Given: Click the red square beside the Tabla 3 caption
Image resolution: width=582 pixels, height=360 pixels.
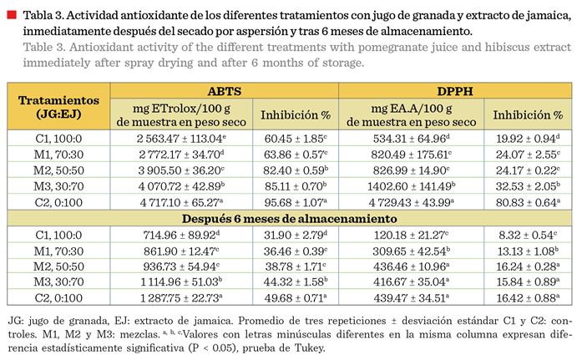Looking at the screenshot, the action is [12, 15].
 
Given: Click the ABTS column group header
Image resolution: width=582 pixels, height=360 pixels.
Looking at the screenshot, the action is [224, 91].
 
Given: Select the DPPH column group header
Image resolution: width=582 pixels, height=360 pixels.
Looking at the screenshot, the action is [455, 91].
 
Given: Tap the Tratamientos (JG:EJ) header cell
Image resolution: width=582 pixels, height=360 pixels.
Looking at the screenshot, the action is [58, 107].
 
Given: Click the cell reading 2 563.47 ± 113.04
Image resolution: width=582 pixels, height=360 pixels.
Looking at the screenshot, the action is [181, 139].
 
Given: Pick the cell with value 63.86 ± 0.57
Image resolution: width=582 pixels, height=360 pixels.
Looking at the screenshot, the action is [296, 155].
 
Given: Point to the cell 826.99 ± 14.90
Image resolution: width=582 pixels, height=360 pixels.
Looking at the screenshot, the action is [412, 170].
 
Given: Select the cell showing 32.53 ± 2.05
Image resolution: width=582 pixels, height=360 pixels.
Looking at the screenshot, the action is [528, 186].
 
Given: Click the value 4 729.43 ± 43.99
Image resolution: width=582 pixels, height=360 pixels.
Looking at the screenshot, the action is [412, 203].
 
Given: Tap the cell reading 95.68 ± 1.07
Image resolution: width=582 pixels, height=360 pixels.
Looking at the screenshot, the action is [296, 203].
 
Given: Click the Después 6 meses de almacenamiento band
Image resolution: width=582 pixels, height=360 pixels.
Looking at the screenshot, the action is [290, 219].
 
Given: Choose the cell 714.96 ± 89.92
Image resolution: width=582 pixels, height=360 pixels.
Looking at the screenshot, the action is [181, 235].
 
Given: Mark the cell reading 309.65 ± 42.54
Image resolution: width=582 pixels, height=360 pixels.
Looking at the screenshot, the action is [412, 251].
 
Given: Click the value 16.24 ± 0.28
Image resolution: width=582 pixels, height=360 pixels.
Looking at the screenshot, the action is [528, 266].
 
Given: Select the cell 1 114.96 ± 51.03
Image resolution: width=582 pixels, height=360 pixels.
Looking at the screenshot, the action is [181, 281].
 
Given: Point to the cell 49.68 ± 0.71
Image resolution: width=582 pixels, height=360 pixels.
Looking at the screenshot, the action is [296, 297].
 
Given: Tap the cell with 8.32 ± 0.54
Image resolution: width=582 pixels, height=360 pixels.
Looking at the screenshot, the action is [528, 235].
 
